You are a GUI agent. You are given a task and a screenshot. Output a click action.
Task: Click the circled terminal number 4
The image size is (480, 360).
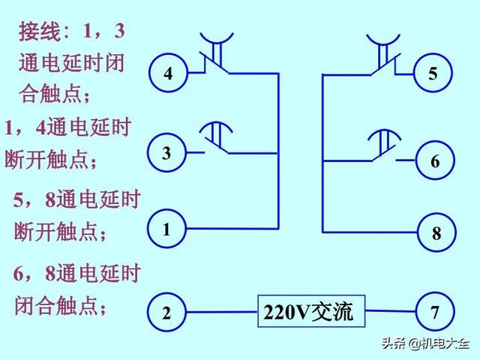coord(168,73)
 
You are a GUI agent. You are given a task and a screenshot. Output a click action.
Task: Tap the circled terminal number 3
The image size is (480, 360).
coord(166,152)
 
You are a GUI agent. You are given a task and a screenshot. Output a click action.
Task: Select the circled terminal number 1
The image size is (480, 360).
coord(166,228)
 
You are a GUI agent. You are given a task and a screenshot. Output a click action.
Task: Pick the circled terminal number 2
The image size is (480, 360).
coord(166,312)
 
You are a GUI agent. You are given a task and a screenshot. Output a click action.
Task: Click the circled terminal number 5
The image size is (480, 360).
coord(433,73)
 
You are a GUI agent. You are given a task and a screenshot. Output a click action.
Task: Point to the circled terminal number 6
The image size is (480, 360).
coord(435,160)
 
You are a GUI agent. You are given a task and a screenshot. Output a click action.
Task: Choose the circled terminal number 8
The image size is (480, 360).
coord(436,232)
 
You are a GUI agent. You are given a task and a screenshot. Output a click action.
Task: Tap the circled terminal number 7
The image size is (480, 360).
coord(435,312)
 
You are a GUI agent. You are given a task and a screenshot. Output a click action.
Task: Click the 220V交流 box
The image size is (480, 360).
coord(311,311)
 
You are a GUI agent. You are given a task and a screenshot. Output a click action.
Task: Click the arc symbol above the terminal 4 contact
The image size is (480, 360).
coord(217,42)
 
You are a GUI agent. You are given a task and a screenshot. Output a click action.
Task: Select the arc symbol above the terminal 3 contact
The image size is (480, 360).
coord(216,122)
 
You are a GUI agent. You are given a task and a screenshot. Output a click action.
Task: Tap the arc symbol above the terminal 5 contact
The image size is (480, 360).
coord(383,43)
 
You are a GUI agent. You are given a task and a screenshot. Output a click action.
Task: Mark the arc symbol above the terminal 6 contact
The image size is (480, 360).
coord(384,130)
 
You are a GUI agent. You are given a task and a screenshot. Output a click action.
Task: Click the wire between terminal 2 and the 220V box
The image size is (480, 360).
coord(222,312)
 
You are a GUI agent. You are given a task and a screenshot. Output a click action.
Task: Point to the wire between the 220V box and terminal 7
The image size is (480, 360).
coord(391,311)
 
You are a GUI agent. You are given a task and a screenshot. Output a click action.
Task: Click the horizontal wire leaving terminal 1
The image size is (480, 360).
coord(232,228)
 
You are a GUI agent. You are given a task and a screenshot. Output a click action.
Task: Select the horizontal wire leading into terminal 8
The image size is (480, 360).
coord(370,232)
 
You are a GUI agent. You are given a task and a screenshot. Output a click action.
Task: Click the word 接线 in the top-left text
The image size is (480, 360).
coord(40,31)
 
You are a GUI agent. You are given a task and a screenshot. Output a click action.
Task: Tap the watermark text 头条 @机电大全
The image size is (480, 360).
coord(425,343)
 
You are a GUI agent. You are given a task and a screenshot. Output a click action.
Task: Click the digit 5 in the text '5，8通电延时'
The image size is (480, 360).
coord(19,200)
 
